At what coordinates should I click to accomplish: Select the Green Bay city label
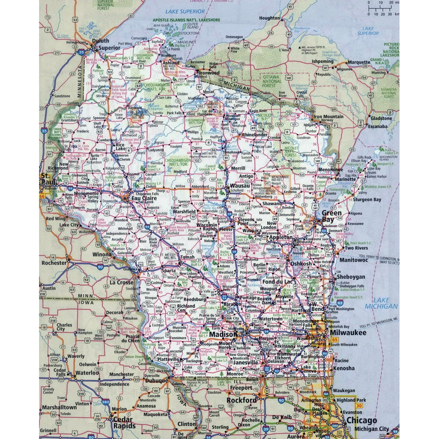pos(332,216)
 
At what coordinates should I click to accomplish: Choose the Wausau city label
pos(240,186)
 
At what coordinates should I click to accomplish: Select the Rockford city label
pos(242,400)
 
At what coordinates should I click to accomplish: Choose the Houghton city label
pos(270,18)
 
